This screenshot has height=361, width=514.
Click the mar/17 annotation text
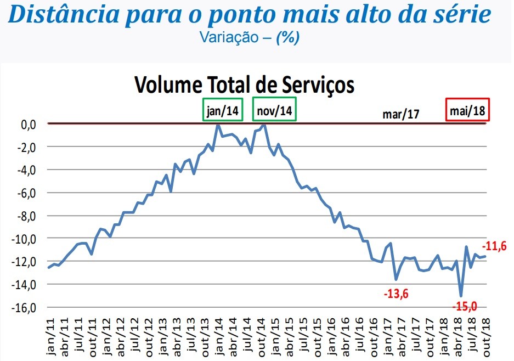[x=400, y=114]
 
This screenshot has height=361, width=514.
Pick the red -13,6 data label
[x=396, y=294]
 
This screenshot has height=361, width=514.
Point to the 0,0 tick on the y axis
[x=29, y=124]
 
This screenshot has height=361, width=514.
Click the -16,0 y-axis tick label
[x=25, y=307]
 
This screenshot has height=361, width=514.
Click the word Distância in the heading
[x=60, y=15]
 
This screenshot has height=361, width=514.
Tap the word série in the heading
[x=463, y=15]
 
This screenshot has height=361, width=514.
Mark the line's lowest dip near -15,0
[x=461, y=296]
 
